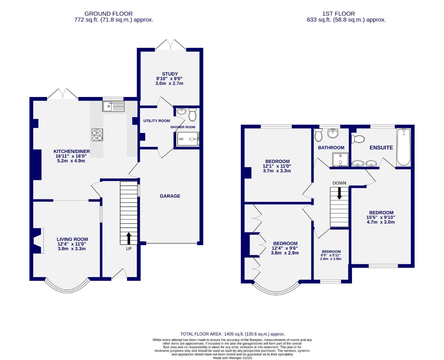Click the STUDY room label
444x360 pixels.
[x=170, y=74]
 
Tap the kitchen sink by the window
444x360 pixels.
[x=113, y=106]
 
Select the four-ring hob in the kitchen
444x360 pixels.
[x=97, y=134]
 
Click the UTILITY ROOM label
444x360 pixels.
[x=156, y=121]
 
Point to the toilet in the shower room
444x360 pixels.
[x=192, y=114]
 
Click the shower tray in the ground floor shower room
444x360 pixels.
[x=187, y=139]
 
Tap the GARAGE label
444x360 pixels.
[x=170, y=196]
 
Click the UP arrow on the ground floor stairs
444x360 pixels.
[x=128, y=239]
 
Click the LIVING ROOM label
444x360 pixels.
[x=72, y=239]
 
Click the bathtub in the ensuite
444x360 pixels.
[x=403, y=147]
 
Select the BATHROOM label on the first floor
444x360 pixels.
[x=331, y=148]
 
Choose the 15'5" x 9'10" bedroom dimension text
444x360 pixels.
[x=381, y=217]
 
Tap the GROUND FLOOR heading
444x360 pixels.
[x=108, y=14]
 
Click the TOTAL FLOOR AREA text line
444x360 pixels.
[x=233, y=334]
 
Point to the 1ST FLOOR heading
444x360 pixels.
[x=339, y=14]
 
